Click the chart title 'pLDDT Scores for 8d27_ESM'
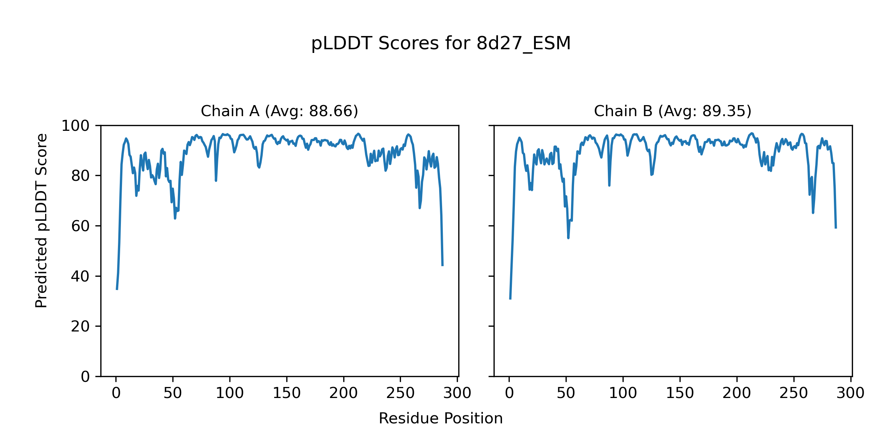point(441,44)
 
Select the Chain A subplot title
point(279,111)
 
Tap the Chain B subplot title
point(673,111)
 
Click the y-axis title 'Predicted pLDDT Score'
point(42,220)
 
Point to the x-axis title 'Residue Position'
point(441,419)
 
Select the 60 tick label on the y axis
point(80,226)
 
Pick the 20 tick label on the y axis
point(80,326)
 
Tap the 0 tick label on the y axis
point(85,377)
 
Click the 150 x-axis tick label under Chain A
point(287,394)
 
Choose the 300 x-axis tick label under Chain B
point(850,394)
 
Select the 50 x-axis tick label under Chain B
point(566,394)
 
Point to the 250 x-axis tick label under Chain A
point(400,394)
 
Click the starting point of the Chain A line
point(117,289)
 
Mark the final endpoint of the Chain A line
point(442,265)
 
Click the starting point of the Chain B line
point(510,299)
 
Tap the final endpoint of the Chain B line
point(836,228)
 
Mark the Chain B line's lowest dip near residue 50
point(568,238)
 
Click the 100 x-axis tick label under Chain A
point(230,394)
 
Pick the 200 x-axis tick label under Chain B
point(736,394)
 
